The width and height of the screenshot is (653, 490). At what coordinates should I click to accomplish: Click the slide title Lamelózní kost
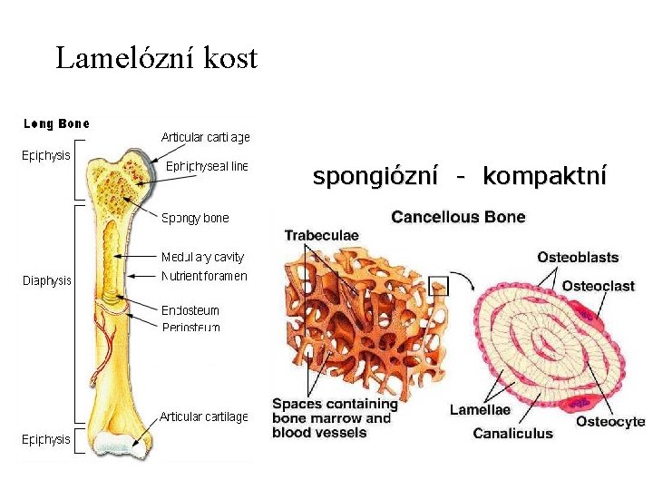157,59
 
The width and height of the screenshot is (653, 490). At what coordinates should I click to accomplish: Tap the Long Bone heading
56,123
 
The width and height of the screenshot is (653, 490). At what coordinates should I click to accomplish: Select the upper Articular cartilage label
205,137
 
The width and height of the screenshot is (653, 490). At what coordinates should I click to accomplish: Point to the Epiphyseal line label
207,166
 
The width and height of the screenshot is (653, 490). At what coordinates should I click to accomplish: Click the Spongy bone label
195,218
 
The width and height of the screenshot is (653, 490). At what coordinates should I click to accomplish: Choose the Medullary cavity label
202,257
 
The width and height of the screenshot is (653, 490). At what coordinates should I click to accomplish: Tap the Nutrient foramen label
203,275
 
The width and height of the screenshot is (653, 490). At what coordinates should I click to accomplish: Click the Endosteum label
190,310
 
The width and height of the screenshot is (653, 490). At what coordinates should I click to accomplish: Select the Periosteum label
190,327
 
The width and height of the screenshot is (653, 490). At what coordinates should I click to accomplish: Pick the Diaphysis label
46,280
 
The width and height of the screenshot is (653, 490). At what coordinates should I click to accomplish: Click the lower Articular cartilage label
204,416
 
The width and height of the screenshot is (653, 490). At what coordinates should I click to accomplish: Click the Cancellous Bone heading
458,217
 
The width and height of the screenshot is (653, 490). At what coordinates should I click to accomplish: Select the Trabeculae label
321,235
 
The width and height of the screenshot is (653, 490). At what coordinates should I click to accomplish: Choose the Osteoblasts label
578,258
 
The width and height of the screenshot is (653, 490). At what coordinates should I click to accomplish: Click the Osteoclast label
598,286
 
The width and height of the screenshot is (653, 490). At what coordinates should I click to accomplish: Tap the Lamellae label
480,410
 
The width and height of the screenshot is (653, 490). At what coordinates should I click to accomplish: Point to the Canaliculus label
512,434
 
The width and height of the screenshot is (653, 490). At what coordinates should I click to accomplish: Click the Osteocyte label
610,422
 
